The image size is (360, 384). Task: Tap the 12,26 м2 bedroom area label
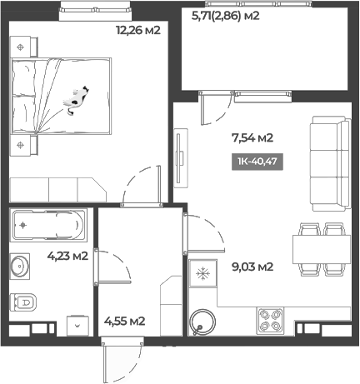[137, 31]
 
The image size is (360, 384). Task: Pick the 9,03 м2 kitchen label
[251, 267]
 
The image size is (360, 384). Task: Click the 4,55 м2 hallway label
[125, 320]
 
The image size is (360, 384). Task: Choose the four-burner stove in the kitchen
[270, 318]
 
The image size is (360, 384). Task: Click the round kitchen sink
[202, 320]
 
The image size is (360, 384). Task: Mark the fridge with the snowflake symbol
[201, 273]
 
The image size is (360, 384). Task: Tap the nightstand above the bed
[21, 47]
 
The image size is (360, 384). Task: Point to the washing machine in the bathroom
[77, 325]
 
